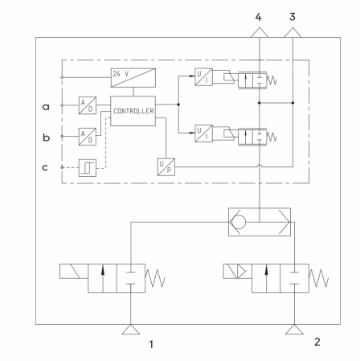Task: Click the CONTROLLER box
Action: [x=133, y=111]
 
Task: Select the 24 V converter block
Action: [x=133, y=78]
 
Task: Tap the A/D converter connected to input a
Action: [x=88, y=105]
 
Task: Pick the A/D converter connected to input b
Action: [x=88, y=137]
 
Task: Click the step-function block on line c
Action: [x=88, y=168]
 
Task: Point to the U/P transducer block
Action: [x=166, y=167]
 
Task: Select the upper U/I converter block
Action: [x=203, y=76]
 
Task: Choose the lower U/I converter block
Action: [x=203, y=133]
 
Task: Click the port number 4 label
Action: [x=258, y=17]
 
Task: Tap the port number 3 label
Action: [x=292, y=17]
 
